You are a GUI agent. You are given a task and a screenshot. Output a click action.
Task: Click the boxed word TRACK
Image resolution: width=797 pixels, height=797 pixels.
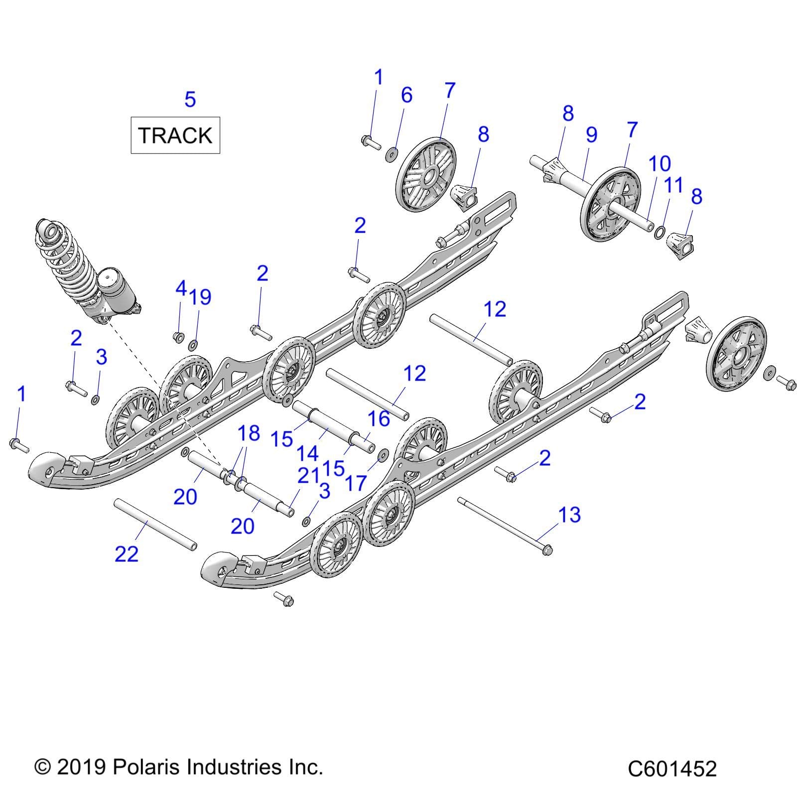175,135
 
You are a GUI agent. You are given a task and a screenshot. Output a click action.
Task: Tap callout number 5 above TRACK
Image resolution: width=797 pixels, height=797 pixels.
190,100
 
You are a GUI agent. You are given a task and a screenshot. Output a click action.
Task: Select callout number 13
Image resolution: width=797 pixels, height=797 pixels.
569,515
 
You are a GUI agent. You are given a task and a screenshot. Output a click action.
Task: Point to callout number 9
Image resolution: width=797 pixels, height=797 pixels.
591,134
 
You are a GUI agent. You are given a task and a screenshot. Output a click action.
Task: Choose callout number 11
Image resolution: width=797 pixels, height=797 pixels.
673,185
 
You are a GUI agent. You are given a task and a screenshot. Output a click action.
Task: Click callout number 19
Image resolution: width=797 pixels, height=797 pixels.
200,297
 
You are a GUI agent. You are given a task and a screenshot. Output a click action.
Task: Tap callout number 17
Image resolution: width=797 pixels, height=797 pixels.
356,483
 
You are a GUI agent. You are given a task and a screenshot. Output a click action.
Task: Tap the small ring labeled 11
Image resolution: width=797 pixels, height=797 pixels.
659,232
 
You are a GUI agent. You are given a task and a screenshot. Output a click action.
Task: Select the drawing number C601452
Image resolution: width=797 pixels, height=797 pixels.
671,769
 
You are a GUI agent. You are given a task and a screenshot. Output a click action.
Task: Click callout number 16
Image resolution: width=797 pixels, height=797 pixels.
379,418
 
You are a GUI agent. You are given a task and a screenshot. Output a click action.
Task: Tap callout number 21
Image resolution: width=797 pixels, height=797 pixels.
308,476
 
